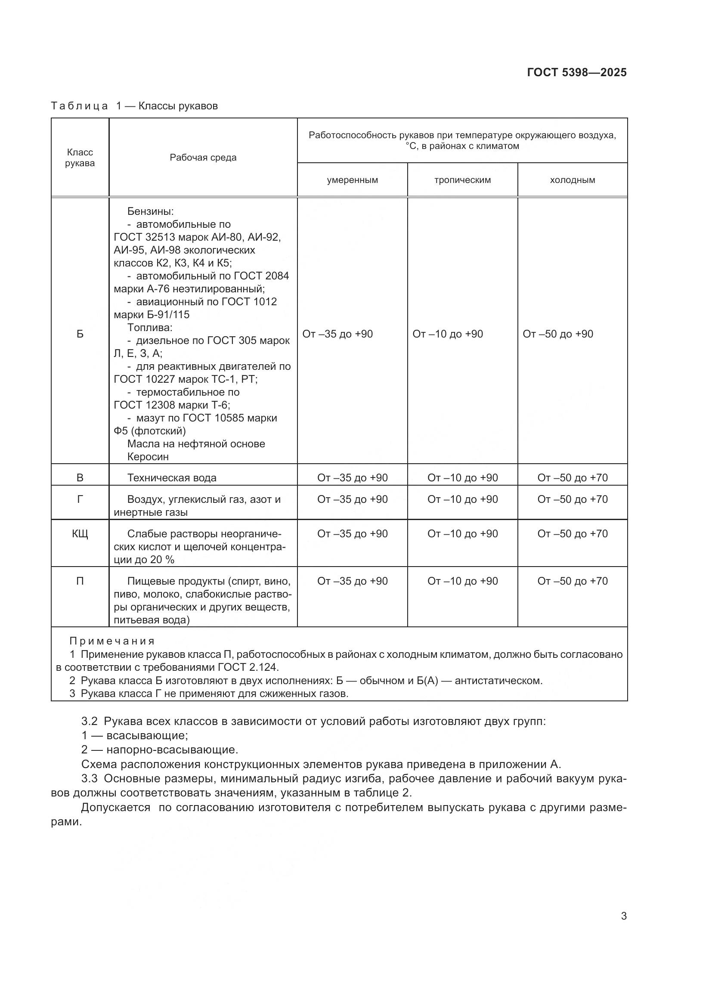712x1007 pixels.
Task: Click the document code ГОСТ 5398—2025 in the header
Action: pos(576,72)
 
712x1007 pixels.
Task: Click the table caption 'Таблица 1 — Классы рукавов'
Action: pos(134,106)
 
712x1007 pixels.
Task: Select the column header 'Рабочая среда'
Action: pos(203,158)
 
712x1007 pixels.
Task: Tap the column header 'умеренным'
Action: pos(352,180)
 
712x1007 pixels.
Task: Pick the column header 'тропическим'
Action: pos(462,180)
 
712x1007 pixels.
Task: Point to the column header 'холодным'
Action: pos(572,180)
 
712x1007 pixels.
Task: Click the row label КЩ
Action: pos(80,534)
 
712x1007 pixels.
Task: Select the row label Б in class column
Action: pos(80,334)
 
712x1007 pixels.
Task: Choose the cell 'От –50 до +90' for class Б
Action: pos(557,334)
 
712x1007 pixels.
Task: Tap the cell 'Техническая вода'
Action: pos(172,477)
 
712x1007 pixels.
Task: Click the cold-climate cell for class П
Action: pos(572,581)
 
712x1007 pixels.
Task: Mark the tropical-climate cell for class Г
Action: pos(462,499)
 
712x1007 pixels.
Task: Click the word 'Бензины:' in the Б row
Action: pos(150,211)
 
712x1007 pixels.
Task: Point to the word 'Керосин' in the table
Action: pos(148,456)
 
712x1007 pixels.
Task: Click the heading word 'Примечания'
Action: pos(112,641)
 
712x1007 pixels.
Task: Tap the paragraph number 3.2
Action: pos(90,722)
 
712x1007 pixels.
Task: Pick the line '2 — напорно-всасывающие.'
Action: pos(160,750)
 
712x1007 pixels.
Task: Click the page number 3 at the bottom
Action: pos(623,916)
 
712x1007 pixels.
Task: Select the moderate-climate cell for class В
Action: pos(352,477)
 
